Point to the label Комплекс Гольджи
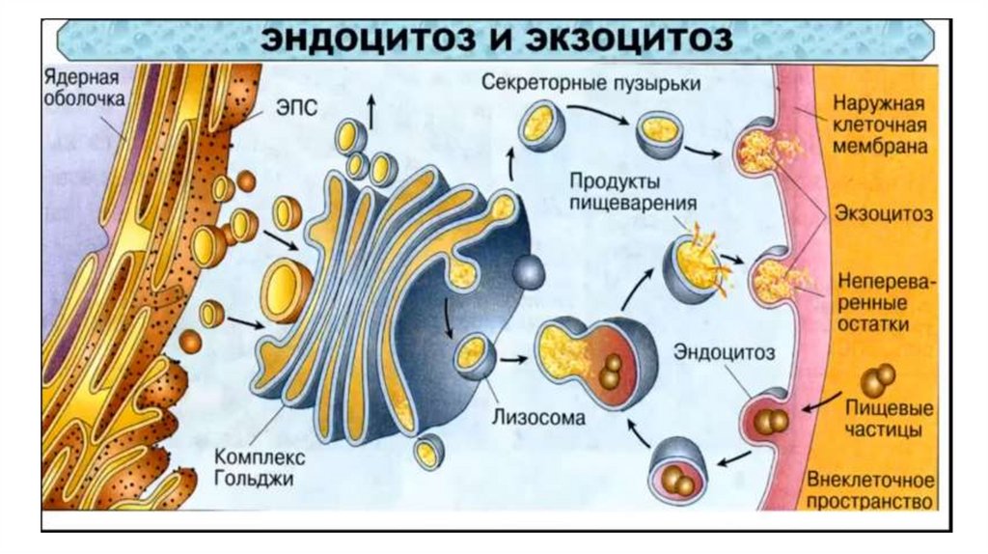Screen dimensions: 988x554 255,466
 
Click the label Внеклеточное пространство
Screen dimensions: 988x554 871,490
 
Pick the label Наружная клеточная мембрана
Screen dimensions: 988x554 883,125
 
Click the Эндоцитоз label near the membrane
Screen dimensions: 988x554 724,348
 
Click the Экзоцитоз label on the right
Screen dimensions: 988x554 882,214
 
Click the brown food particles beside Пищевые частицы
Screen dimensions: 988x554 878,379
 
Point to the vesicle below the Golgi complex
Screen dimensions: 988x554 429,449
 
